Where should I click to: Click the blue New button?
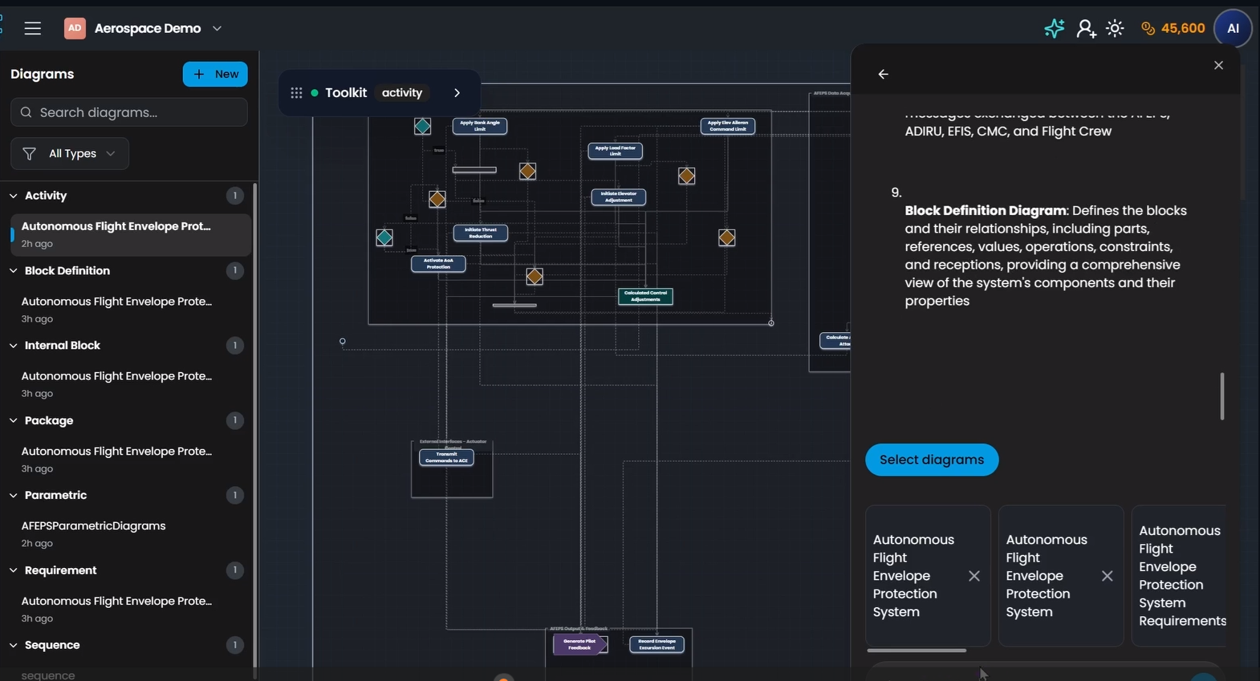pos(215,74)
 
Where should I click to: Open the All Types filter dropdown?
pos(71,153)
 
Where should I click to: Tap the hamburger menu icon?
pos(33,28)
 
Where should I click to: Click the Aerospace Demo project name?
pos(148,28)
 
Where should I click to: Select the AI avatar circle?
pos(1233,28)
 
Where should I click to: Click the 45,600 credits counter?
pos(1173,28)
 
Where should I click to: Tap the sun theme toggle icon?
pos(1115,28)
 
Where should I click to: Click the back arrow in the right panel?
pos(883,74)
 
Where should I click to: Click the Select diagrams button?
pos(932,460)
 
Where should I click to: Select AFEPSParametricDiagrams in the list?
pos(93,526)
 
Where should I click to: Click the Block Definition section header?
pos(67,270)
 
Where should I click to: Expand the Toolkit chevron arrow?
pos(457,93)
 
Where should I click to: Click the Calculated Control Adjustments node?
pos(645,296)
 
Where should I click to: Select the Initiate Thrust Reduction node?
pos(480,233)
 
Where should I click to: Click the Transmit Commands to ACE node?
pos(446,457)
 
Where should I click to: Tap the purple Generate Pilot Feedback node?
pos(579,644)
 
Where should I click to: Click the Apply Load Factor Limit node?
pos(615,151)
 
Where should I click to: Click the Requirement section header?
pos(60,570)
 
